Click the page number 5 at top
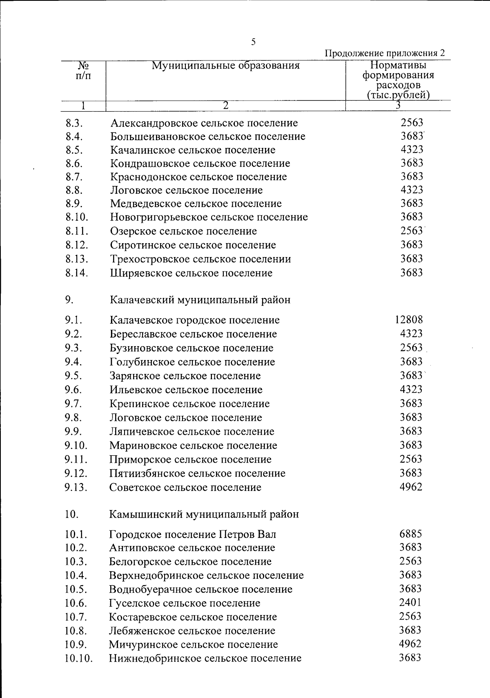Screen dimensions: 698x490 [253, 42]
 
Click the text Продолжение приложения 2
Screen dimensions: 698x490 [384, 53]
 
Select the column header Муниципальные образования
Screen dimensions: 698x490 [225, 65]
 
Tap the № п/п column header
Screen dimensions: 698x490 [83, 71]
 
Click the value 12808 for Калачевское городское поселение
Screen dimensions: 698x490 [409, 320]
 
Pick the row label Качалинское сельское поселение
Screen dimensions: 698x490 [193, 150]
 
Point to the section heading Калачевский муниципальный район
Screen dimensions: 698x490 [200, 300]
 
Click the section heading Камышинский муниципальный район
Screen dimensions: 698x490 [204, 514]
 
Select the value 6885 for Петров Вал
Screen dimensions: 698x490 [411, 534]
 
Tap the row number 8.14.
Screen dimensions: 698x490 [76, 273]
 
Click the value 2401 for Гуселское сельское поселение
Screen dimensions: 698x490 [411, 603]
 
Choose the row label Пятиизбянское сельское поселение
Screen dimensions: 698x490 [197, 473]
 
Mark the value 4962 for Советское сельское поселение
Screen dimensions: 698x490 [411, 487]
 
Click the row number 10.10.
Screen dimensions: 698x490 [78, 658]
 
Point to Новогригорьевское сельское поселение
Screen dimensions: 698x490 [209, 217]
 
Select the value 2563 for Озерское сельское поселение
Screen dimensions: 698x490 [411, 230]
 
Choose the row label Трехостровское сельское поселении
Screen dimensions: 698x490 [200, 259]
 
